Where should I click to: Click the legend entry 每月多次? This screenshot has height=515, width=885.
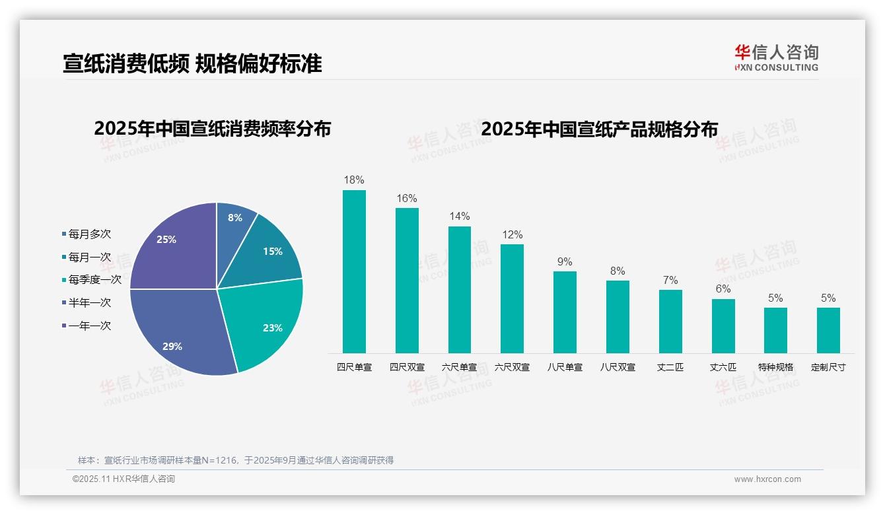[89, 234]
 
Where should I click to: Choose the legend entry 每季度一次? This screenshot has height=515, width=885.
[94, 280]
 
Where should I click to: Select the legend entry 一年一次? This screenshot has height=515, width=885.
[89, 326]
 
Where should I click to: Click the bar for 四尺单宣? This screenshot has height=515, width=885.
[354, 271]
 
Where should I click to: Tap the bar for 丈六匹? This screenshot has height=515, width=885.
[723, 326]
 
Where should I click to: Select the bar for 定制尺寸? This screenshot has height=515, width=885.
[828, 330]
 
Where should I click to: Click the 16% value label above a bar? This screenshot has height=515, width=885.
[407, 198]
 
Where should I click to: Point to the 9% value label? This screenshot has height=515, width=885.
[565, 261]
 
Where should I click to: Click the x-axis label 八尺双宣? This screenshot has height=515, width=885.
[618, 367]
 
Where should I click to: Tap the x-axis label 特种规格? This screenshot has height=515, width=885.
[775, 367]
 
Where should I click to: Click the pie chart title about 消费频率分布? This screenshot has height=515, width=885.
[212, 128]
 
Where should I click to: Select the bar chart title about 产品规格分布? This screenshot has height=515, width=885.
[599, 128]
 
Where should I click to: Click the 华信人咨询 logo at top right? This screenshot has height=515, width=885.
[776, 57]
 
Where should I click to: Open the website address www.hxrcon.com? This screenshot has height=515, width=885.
[767, 479]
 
